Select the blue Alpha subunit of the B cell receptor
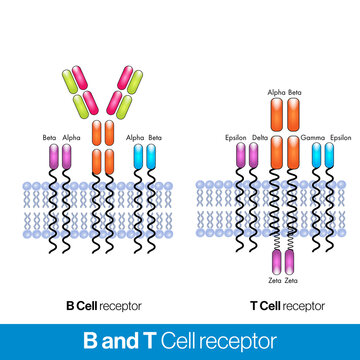point(137,157)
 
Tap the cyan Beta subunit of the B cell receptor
point(152,157)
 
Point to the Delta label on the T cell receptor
point(259,138)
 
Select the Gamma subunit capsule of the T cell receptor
point(316,157)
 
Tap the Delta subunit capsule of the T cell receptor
point(257,157)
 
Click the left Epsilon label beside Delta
point(237,138)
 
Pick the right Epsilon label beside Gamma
point(338,138)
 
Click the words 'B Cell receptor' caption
point(102,304)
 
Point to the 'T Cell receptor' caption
point(285,304)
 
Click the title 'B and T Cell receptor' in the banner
point(180,340)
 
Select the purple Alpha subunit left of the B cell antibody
point(68,157)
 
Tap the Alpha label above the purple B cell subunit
point(71,138)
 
